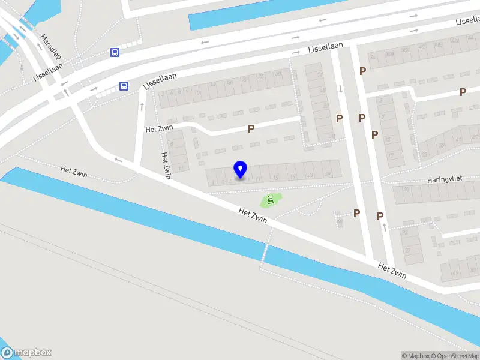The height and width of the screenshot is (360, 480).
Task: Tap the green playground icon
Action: [271, 200]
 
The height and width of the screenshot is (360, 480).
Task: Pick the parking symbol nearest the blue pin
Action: [251, 128]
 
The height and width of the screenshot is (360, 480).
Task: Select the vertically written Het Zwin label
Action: [166, 165]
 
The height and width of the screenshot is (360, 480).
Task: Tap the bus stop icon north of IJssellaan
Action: [115, 52]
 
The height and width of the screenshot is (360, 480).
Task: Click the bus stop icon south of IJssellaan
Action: [124, 86]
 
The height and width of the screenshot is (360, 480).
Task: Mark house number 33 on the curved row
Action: [424, 155]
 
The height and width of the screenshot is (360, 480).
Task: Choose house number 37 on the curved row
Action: [442, 145]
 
